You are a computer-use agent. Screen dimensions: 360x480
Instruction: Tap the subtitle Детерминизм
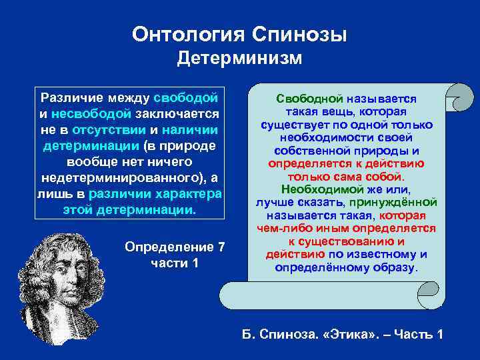[239, 59]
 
